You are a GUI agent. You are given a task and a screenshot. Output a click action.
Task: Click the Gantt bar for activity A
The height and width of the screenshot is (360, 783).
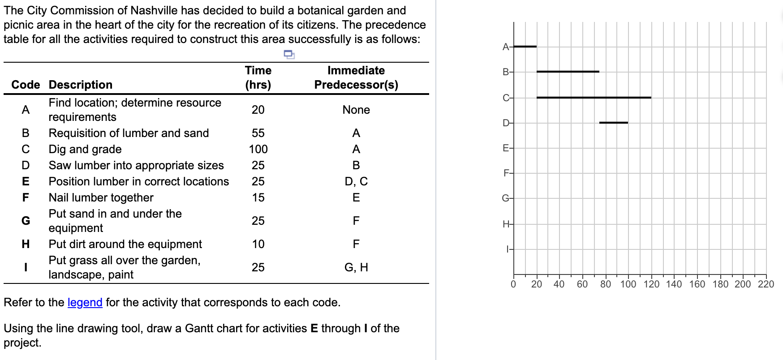525,47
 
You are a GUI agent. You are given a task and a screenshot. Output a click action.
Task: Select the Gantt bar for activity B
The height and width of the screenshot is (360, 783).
568,72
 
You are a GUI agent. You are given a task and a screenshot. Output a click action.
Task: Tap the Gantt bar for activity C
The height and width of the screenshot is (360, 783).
594,97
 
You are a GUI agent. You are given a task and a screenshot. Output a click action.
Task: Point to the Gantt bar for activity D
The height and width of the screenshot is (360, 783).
613,122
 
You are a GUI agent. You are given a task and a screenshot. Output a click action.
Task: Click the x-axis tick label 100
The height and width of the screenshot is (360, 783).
628,284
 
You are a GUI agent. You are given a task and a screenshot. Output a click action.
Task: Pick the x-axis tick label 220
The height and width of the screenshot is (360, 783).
766,284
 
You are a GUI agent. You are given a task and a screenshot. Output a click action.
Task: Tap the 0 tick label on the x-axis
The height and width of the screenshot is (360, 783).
513,284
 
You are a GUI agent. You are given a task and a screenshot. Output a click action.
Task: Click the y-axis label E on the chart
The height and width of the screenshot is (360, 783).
505,148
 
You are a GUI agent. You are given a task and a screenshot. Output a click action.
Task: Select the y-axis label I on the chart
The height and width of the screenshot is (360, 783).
507,249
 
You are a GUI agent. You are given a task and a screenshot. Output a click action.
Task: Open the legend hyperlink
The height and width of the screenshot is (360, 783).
85,303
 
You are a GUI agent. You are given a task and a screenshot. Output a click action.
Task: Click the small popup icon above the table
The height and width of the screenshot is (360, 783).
289,55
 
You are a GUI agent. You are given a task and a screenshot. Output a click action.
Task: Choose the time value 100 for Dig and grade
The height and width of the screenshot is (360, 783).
258,149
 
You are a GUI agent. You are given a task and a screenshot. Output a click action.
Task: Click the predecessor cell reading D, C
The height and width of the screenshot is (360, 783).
356,181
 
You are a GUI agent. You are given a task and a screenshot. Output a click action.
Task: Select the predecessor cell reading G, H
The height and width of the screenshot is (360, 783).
356,267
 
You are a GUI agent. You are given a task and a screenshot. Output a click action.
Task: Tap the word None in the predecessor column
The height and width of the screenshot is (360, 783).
356,110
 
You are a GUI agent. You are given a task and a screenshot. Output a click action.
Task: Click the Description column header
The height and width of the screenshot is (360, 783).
80,85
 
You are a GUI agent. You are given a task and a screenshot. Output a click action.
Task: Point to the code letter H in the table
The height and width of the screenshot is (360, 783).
26,244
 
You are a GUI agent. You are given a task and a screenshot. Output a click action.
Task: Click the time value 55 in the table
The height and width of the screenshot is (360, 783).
258,133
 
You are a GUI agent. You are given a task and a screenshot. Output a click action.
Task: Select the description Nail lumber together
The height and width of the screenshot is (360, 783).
101,197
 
